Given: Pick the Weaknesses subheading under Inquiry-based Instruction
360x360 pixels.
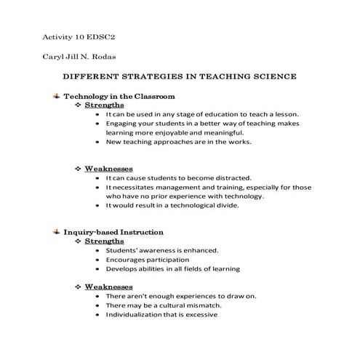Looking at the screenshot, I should click(108, 286).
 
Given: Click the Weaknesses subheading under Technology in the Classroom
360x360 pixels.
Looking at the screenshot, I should click(108, 168).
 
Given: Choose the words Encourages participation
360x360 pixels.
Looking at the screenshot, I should click(147, 259).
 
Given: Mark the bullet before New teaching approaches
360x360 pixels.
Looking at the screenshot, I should click(98, 143).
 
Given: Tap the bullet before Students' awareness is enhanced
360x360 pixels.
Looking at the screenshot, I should click(98, 250).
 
